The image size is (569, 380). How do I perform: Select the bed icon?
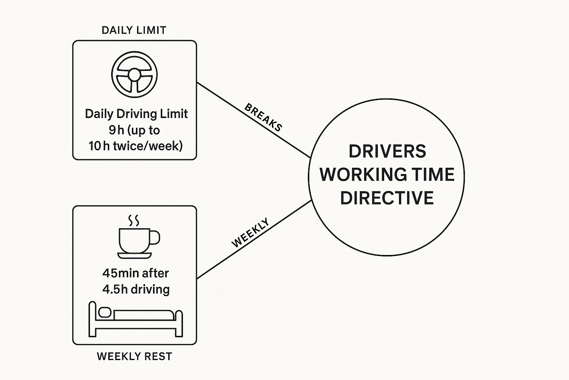(x=136, y=319)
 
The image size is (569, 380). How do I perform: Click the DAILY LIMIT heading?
(x=134, y=30)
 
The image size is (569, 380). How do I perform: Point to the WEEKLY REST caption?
(x=134, y=357)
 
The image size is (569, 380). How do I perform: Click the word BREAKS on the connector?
(x=263, y=117)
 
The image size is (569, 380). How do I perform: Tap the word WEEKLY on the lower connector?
(x=250, y=233)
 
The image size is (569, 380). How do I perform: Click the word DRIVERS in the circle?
(x=387, y=151)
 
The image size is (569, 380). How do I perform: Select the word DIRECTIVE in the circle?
(x=387, y=197)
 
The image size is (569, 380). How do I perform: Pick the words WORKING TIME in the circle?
(x=387, y=174)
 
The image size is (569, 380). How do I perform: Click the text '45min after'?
(x=136, y=273)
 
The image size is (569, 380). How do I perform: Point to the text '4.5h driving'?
(x=136, y=289)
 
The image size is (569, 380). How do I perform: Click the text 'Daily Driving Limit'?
(x=136, y=114)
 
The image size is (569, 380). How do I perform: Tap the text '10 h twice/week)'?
(x=136, y=146)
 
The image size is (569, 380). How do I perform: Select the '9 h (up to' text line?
(x=134, y=130)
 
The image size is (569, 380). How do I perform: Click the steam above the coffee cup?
(x=134, y=220)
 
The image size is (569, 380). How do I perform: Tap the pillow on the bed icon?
(x=104, y=312)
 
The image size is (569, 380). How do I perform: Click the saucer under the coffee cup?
(x=134, y=255)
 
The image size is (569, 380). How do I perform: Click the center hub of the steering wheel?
(x=134, y=75)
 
